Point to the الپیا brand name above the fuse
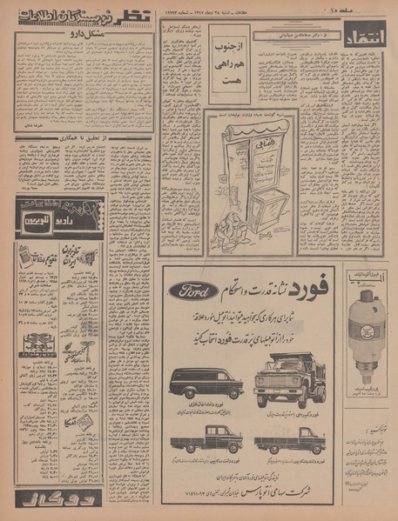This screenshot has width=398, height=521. pyautogui.click(x=365, y=275)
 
